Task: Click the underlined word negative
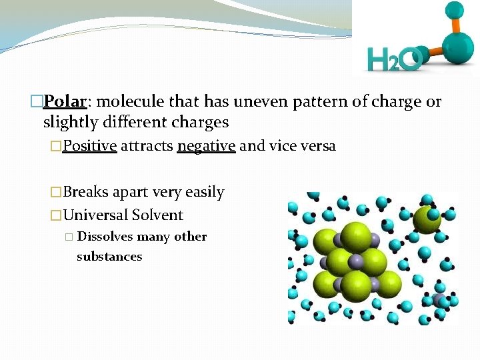pyautogui.click(x=206, y=146)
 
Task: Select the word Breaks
pyautogui.click(x=85, y=192)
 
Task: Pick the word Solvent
pyautogui.click(x=157, y=215)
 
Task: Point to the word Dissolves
pyautogui.click(x=105, y=237)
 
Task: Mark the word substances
pyautogui.click(x=109, y=257)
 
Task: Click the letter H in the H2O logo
pyautogui.click(x=380, y=61)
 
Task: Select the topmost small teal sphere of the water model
pyautogui.click(x=455, y=10)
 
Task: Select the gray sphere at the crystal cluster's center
pyautogui.click(x=357, y=261)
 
